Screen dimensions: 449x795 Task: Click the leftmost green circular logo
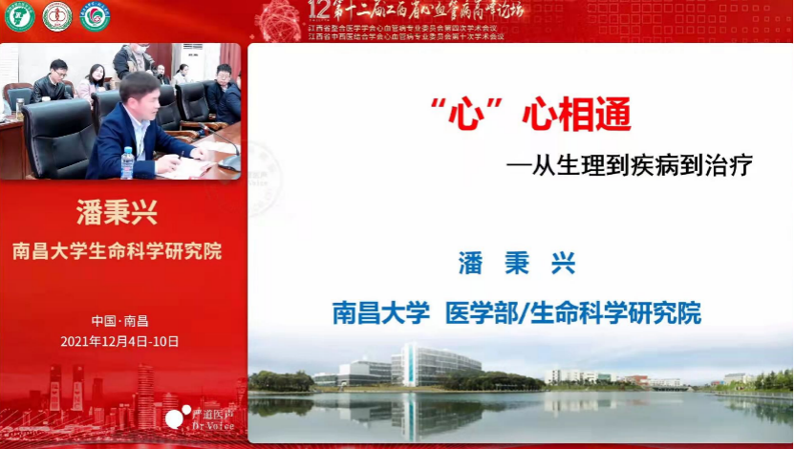(x=20, y=15)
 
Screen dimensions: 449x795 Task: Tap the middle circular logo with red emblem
(x=57, y=15)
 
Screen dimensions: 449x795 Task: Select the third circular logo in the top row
(x=95, y=15)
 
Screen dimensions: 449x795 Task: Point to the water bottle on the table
(x=127, y=162)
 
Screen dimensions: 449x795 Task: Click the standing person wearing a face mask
(x=134, y=60)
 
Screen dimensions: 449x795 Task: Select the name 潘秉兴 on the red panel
(x=116, y=213)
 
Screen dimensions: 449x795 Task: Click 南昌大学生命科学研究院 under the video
(x=117, y=251)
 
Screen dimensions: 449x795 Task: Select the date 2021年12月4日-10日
(x=119, y=341)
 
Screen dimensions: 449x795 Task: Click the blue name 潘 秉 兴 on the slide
(x=517, y=263)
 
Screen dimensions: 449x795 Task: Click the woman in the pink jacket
(x=95, y=80)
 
